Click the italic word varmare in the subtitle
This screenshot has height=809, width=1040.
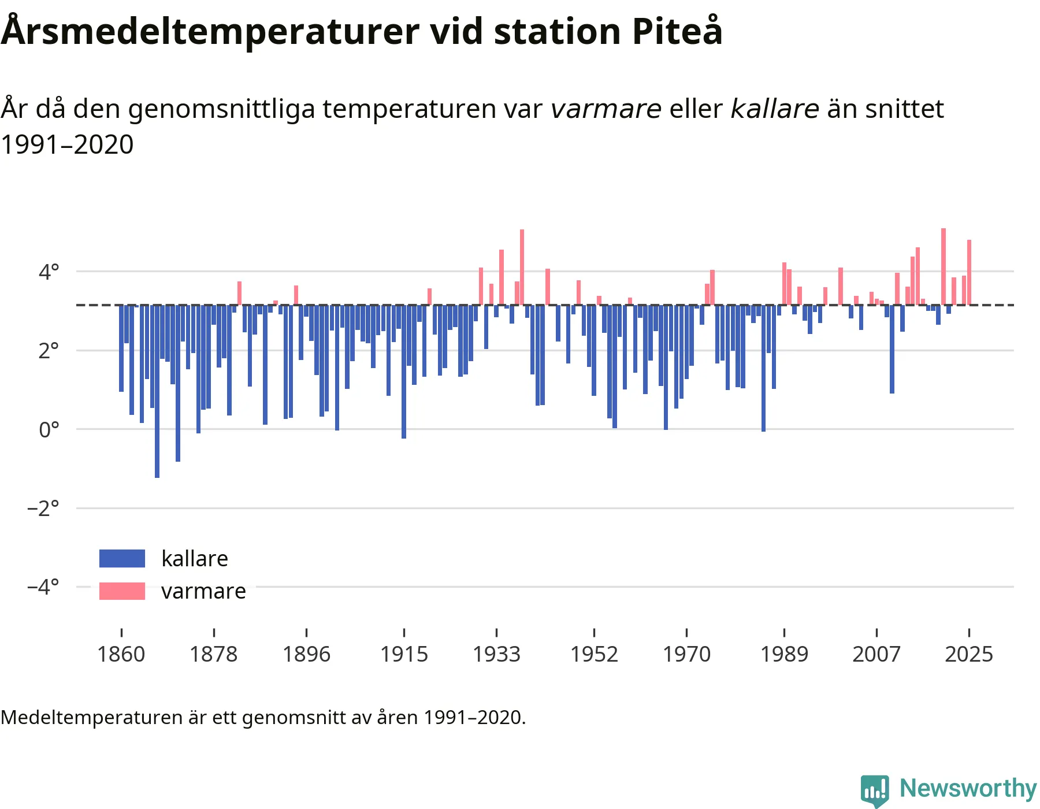pyautogui.click(x=606, y=109)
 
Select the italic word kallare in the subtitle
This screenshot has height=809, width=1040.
pyautogui.click(x=775, y=109)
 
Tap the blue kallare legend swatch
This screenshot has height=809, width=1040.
pyautogui.click(x=122, y=558)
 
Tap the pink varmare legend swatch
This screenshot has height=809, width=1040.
pyautogui.click(x=122, y=591)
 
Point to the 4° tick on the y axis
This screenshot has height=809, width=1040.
pyautogui.click(x=49, y=271)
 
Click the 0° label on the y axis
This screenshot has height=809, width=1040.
pyautogui.click(x=49, y=429)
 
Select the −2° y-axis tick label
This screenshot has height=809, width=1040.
pyautogui.click(x=43, y=508)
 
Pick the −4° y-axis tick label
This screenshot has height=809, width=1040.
pyautogui.click(x=43, y=587)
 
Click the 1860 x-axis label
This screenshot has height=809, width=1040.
pyautogui.click(x=121, y=654)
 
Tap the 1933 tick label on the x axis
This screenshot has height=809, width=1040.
pyautogui.click(x=496, y=654)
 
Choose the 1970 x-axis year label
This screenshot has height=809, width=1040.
pyautogui.click(x=686, y=654)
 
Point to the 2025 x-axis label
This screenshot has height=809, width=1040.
pyautogui.click(x=969, y=654)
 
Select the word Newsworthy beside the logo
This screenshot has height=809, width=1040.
pyautogui.click(x=968, y=788)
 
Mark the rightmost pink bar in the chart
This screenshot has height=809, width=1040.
pyautogui.click(x=969, y=272)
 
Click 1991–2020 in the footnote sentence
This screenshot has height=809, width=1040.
pyautogui.click(x=473, y=717)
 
